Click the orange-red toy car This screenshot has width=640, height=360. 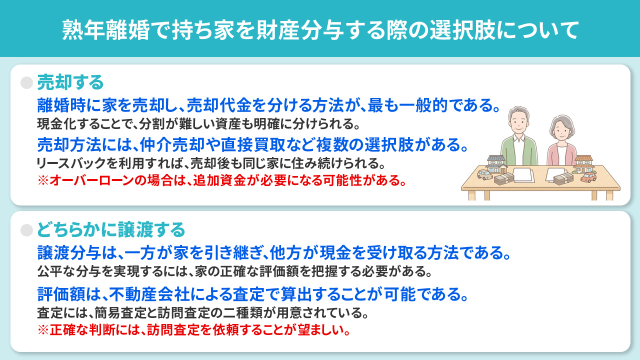pyautogui.click(x=589, y=177)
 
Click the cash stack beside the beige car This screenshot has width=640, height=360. pyautogui.click(x=504, y=179)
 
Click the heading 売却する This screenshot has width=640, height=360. pyautogui.click(x=70, y=81)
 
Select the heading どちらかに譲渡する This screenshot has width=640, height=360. pyautogui.click(x=111, y=229)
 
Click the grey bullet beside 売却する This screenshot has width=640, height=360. pyautogui.click(x=26, y=82)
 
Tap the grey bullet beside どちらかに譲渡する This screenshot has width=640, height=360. pyautogui.click(x=26, y=230)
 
